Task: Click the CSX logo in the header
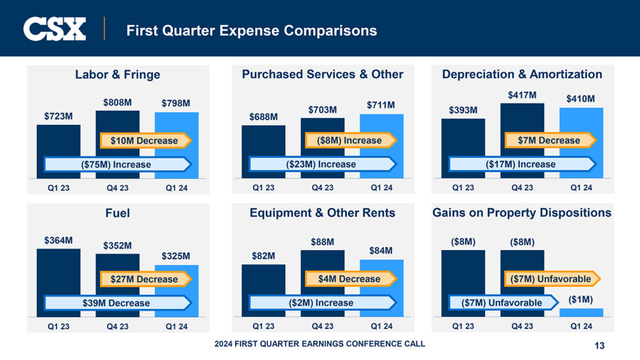(54, 29)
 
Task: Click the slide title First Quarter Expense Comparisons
(251, 30)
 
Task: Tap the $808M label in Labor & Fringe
(117, 101)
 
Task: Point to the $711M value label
(381, 105)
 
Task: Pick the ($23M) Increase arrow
(322, 164)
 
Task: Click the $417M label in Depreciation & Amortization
(522, 94)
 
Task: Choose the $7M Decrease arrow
(549, 141)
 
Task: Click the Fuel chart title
(117, 213)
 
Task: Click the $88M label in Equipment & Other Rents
(322, 241)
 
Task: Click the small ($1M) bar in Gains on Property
(581, 312)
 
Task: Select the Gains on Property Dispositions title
(522, 213)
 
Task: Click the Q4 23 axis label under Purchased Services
(322, 187)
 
